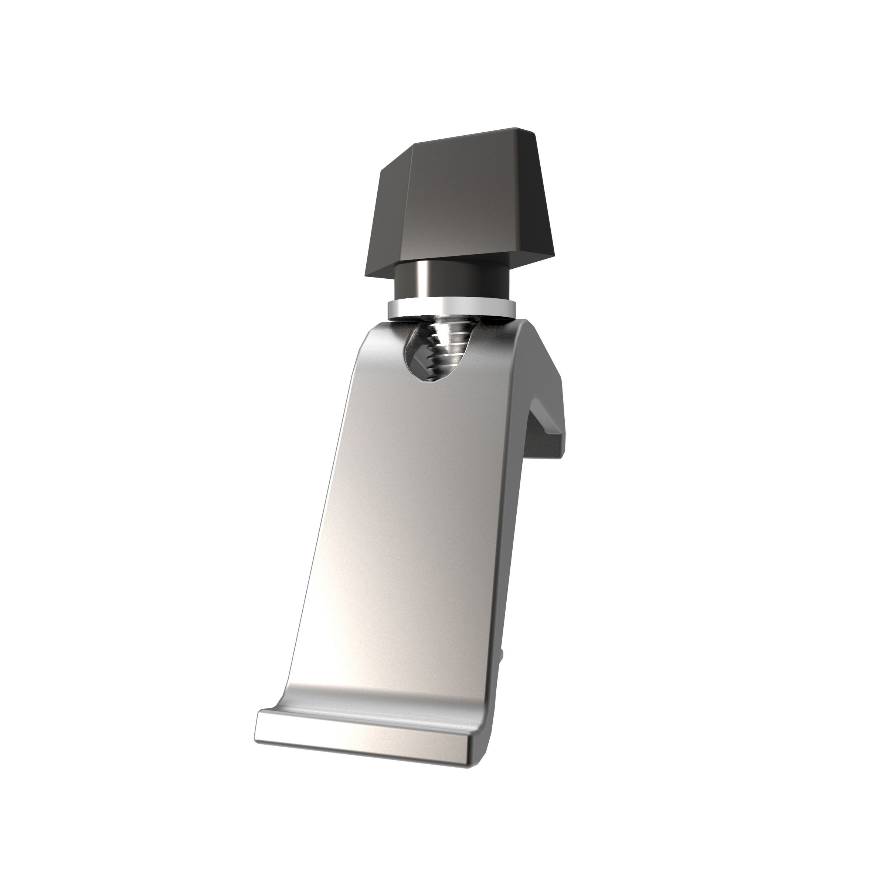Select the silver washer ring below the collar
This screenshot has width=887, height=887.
[x=452, y=308]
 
